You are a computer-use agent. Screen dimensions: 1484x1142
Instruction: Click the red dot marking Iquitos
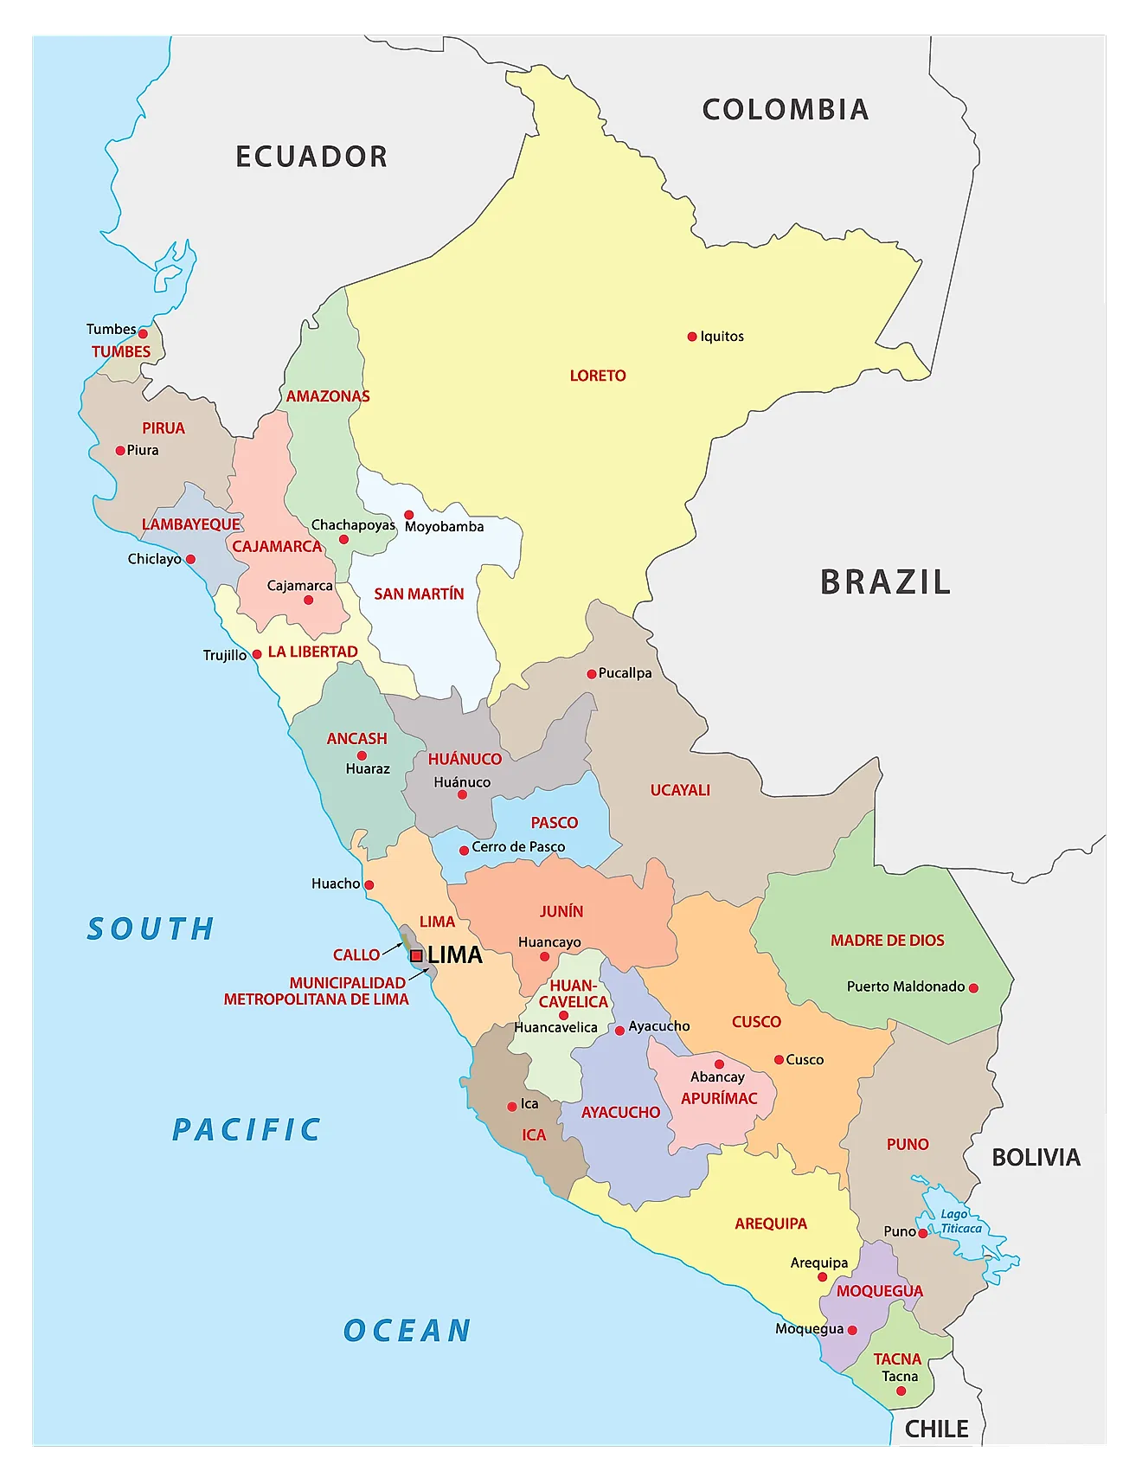pos(692,337)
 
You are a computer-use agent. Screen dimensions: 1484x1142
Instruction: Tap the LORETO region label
pos(598,376)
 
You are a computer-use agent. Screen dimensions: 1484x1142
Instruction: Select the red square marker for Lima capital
pos(416,956)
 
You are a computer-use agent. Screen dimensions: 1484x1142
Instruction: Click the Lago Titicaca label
pos(960,1221)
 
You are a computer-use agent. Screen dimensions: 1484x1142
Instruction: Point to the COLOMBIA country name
pos(785,110)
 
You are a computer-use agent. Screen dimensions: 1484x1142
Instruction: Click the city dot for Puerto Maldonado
pos(973,987)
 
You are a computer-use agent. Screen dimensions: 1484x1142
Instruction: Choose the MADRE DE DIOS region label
pos(887,941)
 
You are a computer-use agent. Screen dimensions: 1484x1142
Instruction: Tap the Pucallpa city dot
pos(592,674)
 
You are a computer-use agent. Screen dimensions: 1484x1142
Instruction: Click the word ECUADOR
pos(311,157)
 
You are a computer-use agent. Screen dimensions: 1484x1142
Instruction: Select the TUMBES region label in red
pos(121,352)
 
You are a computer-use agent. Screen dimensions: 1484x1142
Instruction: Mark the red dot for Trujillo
pos(257,655)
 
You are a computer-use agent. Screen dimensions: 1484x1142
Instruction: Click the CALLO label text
pos(356,955)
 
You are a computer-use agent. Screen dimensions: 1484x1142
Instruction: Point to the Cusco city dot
pos(779,1060)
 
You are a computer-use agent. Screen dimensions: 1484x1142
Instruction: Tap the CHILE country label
pos(936,1429)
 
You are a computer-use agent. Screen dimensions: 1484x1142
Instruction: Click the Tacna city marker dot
pos(901,1391)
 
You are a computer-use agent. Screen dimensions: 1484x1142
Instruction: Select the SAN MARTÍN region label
pos(419,594)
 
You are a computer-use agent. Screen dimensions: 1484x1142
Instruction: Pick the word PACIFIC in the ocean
pos(247,1130)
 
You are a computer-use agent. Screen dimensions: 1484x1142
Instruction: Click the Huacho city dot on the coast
pos(369,885)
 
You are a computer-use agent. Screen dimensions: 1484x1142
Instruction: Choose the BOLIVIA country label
pos(1036,1158)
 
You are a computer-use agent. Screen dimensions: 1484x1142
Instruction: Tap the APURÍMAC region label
pos(719,1099)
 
